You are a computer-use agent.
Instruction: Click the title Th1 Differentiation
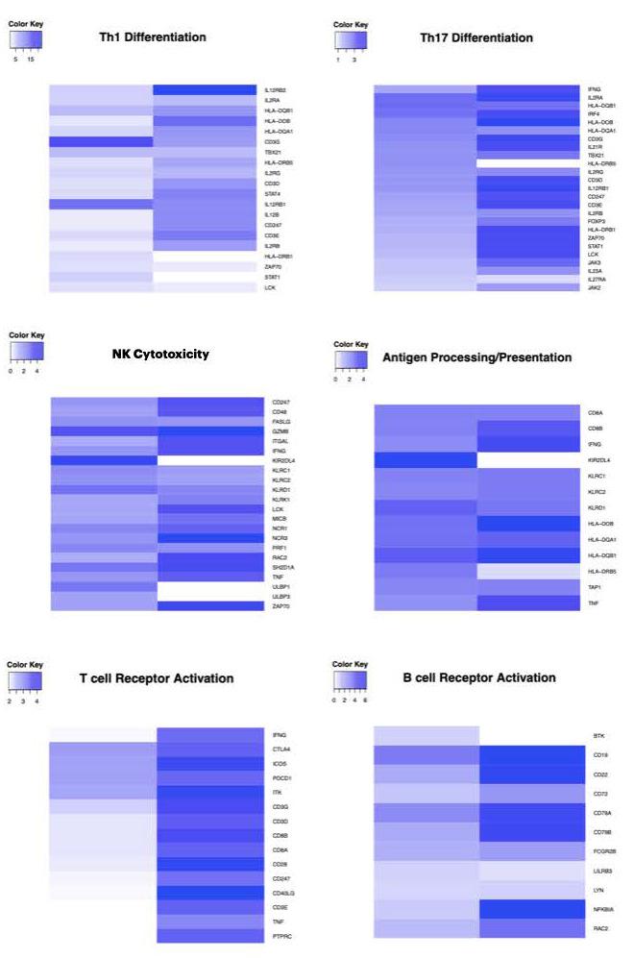[x=153, y=37]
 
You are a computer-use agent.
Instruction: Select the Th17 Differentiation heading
[x=476, y=37]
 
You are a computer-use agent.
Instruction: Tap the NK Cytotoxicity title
[x=160, y=355]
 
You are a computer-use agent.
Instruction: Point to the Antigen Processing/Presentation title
[x=476, y=357]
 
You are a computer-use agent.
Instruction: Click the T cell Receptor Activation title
[x=156, y=678]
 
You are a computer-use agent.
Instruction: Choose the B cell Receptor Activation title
[x=479, y=677]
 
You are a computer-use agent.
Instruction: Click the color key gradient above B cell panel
[x=351, y=682]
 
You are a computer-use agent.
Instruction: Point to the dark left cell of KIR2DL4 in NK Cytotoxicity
[x=104, y=460]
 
